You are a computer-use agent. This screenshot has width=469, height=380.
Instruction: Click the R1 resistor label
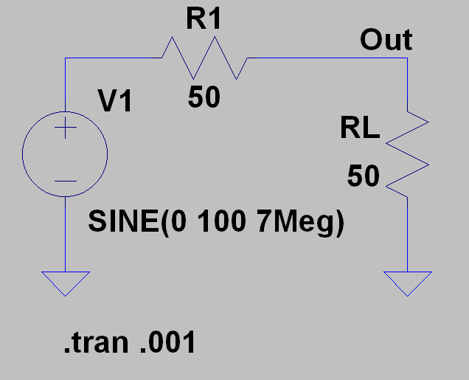204,20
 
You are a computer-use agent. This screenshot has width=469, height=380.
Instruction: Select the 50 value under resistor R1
204,97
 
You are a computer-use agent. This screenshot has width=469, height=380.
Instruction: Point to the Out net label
386,40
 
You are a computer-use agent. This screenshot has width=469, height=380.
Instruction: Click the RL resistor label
360,129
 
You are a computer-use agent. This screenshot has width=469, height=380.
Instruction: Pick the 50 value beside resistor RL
364,176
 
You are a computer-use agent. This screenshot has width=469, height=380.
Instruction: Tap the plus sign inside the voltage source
66,130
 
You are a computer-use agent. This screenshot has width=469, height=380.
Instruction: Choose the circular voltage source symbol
66,156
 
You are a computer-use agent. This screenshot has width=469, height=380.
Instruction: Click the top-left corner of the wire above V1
66,58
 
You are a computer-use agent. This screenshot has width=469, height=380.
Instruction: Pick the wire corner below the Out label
407,58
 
